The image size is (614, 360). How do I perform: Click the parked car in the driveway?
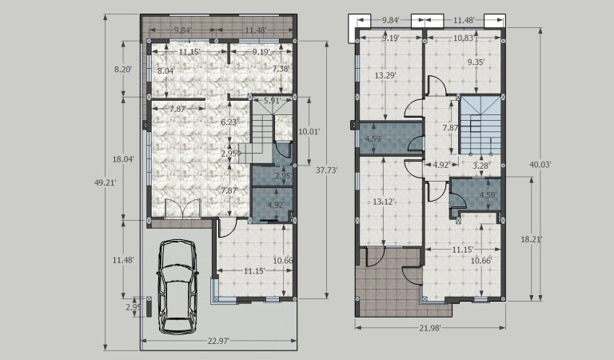pos(177,286)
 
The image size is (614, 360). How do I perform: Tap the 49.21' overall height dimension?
pos(106,182)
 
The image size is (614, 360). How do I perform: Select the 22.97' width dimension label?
pos(218,341)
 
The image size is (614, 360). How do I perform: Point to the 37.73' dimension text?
pos(326,170)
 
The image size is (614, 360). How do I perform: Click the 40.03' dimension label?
pos(540,165)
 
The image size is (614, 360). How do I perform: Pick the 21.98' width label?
pos(430,328)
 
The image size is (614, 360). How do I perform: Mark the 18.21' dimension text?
pos(532,239)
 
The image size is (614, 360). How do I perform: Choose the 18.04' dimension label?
pos(123,159)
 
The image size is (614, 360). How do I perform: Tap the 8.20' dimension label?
pos(123,70)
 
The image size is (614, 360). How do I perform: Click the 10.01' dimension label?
pos(309,132)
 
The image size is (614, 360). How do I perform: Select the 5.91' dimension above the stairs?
pos(272,100)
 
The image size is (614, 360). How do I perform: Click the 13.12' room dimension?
pos(384,202)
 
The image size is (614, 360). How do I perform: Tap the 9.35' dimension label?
pos(476,62)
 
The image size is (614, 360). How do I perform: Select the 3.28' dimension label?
pos(480,166)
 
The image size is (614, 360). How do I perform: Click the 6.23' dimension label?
pos(229,122)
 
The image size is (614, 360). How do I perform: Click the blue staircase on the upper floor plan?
pos(480,125)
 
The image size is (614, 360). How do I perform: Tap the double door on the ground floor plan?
pos(183,208)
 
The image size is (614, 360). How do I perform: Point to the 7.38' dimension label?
pos(281,69)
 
